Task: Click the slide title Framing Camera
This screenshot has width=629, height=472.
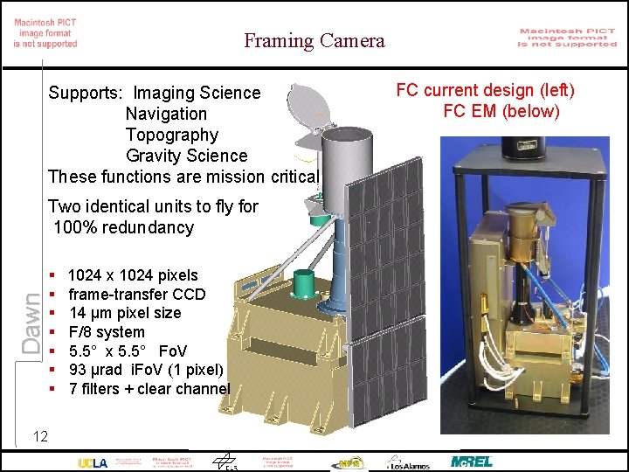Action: pos(314,40)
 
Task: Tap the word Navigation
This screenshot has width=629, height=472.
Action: pos(166,114)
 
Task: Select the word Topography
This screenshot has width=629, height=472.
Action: pos(171,135)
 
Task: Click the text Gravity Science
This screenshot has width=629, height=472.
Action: pos(186,156)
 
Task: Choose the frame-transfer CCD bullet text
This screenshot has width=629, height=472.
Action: pos(136,294)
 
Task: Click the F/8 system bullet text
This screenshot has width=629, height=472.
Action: pos(107,332)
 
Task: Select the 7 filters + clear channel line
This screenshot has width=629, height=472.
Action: pos(149,388)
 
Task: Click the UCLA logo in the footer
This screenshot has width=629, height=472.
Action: pos(93,462)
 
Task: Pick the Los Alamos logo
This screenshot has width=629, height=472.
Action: pos(408,462)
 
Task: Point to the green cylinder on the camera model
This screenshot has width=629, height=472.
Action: pos(304,285)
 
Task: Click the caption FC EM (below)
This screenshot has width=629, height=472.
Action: pos(501,111)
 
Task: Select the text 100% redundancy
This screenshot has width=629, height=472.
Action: pos(123,227)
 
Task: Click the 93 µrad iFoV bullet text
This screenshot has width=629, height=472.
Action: pos(146,370)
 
